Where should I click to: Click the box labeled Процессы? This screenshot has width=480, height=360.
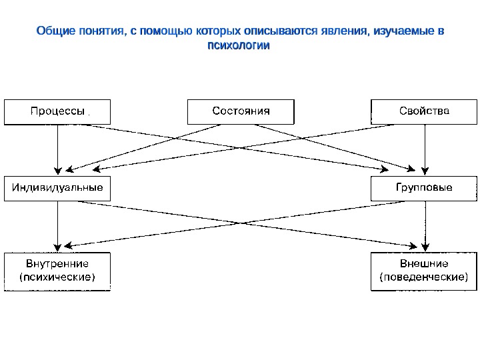[58, 111]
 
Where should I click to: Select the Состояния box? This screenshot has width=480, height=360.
[241, 111]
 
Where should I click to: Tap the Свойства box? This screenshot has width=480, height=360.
[424, 111]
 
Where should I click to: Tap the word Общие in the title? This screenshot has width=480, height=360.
[52, 32]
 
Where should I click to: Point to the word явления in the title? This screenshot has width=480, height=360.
[342, 32]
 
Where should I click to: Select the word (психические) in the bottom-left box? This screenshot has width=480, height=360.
[58, 277]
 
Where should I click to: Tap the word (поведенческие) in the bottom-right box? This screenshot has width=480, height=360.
[424, 277]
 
